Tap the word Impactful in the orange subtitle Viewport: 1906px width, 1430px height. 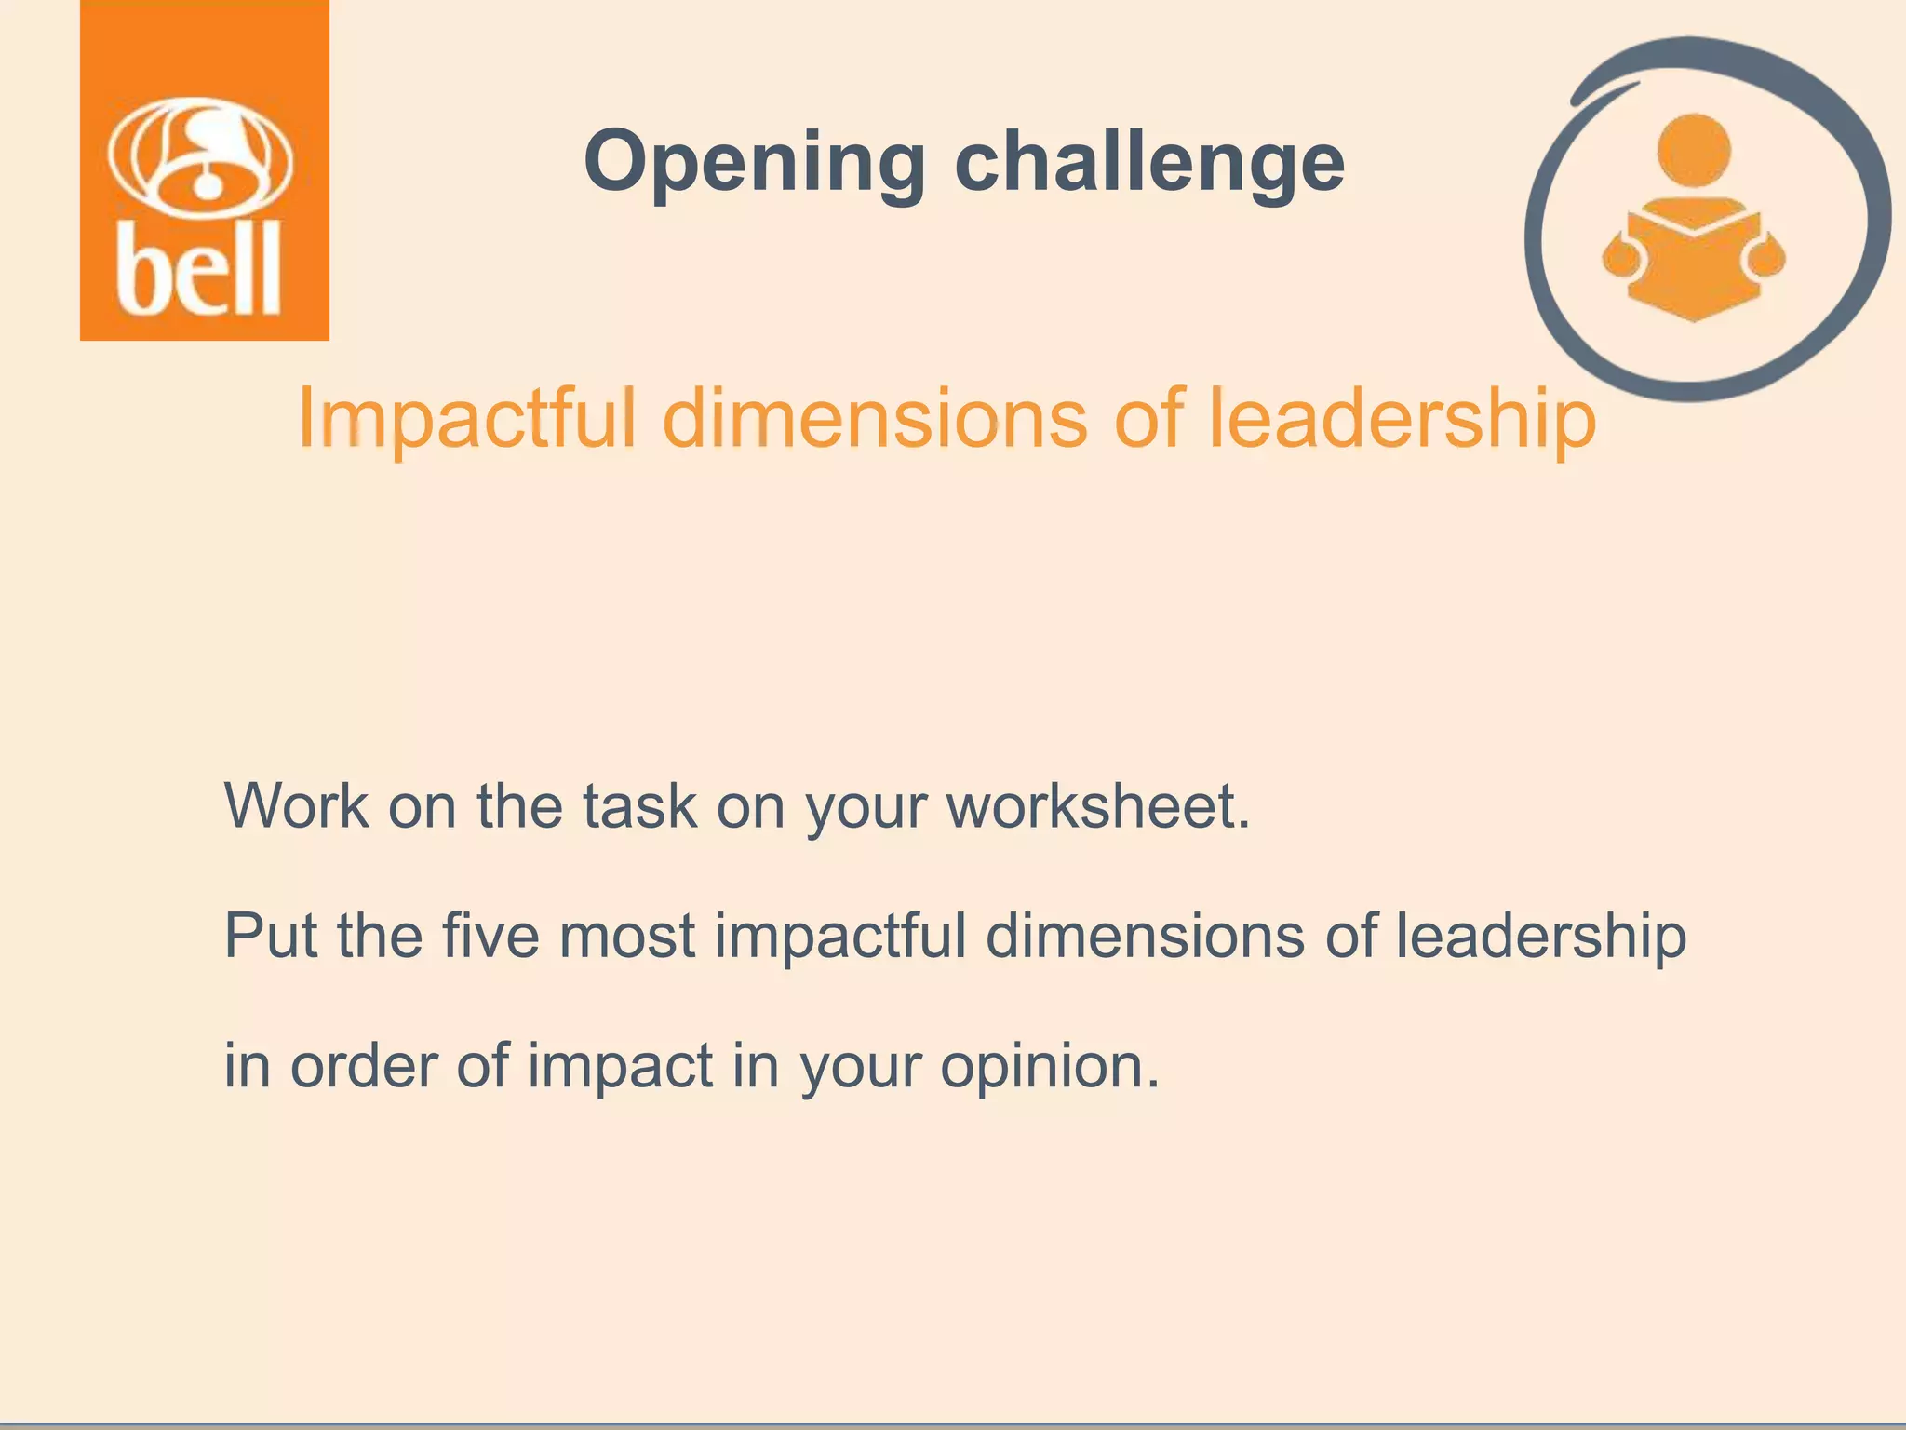point(466,420)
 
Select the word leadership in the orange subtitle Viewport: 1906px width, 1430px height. point(1403,420)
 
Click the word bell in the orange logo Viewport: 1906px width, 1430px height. point(199,271)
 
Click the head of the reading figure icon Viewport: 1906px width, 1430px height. point(1694,150)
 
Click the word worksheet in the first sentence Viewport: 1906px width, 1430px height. point(1098,805)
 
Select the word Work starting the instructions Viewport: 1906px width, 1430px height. point(297,805)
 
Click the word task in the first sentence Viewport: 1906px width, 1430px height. point(639,805)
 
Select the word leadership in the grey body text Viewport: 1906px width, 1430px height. point(1540,936)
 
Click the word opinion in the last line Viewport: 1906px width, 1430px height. point(1050,1066)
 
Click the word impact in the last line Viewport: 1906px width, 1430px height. point(620,1066)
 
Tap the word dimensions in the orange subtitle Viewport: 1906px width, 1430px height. point(874,420)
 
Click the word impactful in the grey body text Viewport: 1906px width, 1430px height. point(840,936)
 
